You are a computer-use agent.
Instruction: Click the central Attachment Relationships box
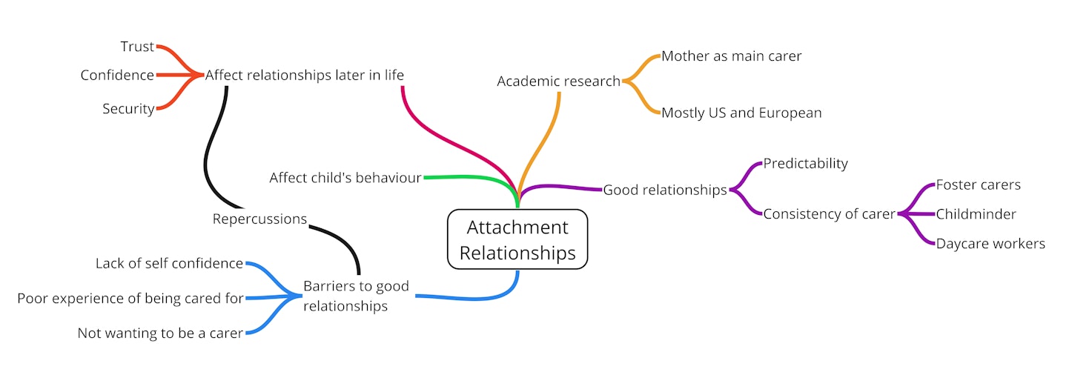coord(517,239)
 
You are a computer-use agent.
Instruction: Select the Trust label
coord(137,47)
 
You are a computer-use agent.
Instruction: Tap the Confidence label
coord(117,76)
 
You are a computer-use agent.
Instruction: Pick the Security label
coord(128,109)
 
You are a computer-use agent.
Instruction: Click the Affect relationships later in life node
coord(304,76)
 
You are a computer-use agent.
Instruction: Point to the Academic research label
coord(558,82)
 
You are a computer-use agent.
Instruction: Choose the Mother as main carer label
coord(731,56)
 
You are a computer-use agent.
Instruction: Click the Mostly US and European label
coord(741,113)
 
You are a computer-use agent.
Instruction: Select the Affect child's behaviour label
coord(345,178)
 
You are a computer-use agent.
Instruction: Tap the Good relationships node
coord(664,190)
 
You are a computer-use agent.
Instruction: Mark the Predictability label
coord(805,163)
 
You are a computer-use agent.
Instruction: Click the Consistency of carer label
coord(830,214)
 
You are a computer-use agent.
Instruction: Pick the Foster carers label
coord(978,185)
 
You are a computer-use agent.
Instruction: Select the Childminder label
coord(976,214)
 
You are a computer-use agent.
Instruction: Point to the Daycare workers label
coord(990,243)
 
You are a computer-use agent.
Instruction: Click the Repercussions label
coord(259,219)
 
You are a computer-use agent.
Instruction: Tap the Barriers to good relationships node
coord(356,296)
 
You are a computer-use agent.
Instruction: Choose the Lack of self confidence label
coord(169,263)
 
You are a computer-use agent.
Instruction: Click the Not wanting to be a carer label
coord(160,333)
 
